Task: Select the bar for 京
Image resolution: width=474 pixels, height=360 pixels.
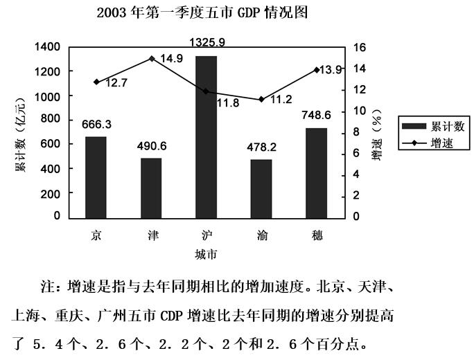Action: pos(96,177)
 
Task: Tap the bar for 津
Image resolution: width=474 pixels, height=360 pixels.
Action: pos(151,187)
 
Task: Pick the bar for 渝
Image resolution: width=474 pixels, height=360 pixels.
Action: pos(261,188)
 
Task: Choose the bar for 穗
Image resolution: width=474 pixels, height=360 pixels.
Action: pos(316,172)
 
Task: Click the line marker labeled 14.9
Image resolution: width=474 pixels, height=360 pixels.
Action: pos(152,59)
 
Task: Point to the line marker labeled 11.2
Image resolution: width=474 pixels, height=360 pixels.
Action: pos(261,99)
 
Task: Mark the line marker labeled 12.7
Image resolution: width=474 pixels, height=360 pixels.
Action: pos(96,82)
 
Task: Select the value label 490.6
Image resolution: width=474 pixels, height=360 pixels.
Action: pos(151,147)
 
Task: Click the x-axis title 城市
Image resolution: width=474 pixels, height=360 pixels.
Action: pos(206,254)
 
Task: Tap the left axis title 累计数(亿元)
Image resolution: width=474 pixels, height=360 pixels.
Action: pos(21,132)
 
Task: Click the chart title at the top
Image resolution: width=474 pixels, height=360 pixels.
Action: pos(202,12)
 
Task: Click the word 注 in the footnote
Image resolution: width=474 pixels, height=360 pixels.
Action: pos(50,285)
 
